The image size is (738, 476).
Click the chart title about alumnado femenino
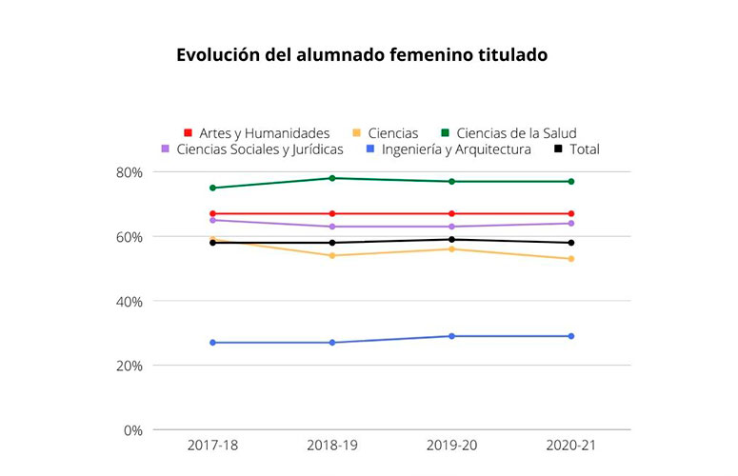click(x=362, y=55)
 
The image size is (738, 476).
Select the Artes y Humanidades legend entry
click(x=256, y=133)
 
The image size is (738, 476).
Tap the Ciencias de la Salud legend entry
click(x=509, y=133)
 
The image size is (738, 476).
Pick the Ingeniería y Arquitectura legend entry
click(x=448, y=149)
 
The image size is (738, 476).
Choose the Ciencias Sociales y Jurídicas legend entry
click(x=251, y=149)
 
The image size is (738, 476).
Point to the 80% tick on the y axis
click(x=129, y=172)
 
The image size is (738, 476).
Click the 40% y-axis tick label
click(x=129, y=302)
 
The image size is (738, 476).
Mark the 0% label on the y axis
click(x=132, y=430)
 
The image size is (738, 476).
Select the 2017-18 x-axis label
click(x=213, y=446)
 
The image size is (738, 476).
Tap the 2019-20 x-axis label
click(x=451, y=446)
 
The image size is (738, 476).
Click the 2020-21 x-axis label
click(x=570, y=446)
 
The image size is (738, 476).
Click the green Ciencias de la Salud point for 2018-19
click(x=332, y=178)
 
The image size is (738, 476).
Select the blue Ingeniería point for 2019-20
click(x=451, y=336)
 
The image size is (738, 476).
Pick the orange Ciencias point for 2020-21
click(x=570, y=259)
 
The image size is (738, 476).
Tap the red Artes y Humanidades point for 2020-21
click(x=570, y=214)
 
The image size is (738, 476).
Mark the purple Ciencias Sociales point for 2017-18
click(x=213, y=220)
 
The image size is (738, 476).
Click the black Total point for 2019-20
click(x=451, y=240)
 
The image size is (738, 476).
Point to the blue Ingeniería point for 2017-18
click(x=213, y=343)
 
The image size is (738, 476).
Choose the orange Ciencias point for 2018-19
click(x=332, y=256)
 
